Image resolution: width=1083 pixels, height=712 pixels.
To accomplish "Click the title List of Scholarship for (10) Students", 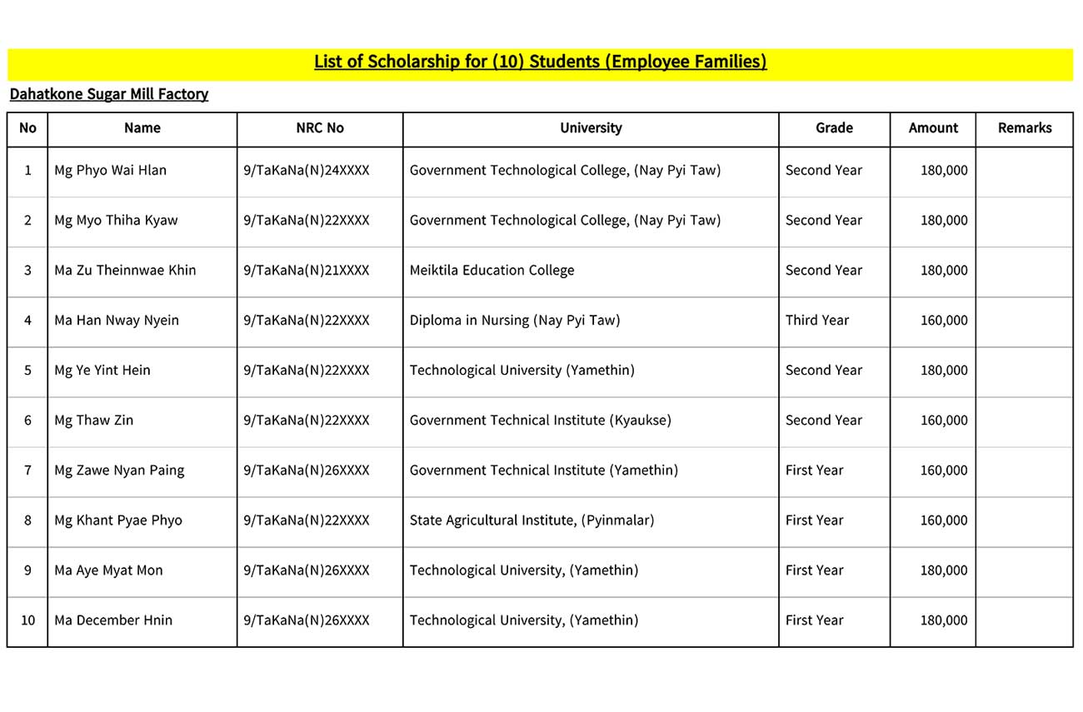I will (x=540, y=62).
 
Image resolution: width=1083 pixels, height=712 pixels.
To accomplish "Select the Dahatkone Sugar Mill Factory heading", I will (x=109, y=94).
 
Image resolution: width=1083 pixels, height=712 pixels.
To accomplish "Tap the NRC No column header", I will (x=320, y=128).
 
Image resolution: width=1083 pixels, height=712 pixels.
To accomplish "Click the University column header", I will (x=591, y=128).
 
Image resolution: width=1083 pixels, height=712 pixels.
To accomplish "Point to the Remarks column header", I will (x=1024, y=128).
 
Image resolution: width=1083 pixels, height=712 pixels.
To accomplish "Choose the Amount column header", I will (x=933, y=128).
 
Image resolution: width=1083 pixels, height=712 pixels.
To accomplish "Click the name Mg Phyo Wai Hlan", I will (x=110, y=171).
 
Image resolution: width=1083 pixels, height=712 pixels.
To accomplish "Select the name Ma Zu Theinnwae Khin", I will (x=125, y=271).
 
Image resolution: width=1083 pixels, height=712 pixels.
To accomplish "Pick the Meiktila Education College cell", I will (x=492, y=271).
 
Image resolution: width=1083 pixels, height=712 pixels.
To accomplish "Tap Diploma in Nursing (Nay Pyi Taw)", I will (x=515, y=321).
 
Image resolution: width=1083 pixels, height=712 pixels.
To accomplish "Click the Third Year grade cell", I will (x=817, y=321).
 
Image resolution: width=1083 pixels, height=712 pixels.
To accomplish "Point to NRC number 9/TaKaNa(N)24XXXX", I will (x=307, y=171).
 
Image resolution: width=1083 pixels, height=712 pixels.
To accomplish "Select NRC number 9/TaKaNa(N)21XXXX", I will (x=307, y=271).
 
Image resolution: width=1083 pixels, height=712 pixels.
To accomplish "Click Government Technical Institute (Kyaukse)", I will (x=540, y=421).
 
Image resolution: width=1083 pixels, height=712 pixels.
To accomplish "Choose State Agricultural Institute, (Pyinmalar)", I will (x=532, y=520).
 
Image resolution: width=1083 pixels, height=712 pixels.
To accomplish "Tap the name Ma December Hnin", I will (x=113, y=620).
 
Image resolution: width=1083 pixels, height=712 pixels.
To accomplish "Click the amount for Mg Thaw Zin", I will (x=944, y=421).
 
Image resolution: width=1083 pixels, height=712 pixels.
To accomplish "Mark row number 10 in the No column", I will (x=27, y=620).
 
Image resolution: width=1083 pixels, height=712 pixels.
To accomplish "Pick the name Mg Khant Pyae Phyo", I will (x=118, y=520).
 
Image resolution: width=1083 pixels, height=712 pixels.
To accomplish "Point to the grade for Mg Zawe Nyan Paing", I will (x=814, y=471).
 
